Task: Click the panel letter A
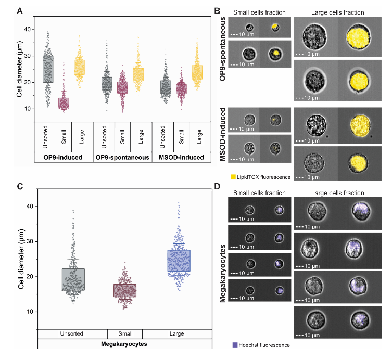19,10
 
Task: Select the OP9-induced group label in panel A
62,157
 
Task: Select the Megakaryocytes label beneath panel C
124,344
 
